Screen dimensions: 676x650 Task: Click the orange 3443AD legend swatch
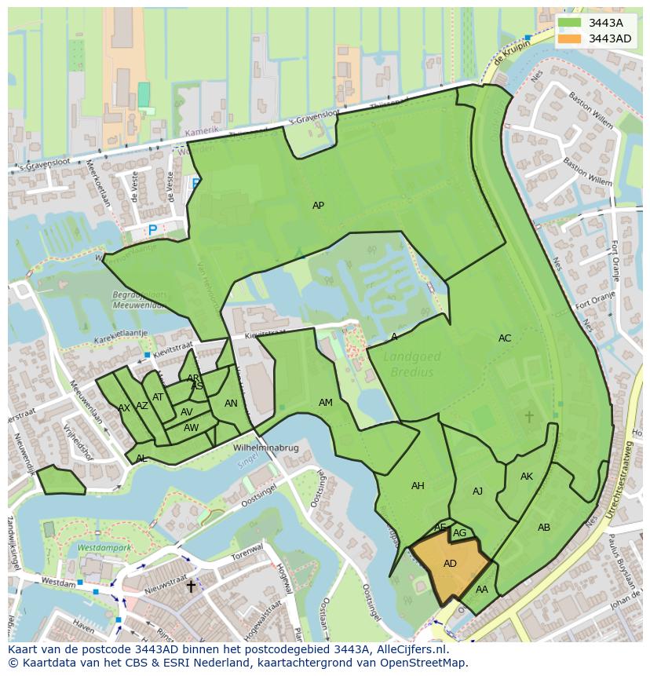pyautogui.click(x=570, y=38)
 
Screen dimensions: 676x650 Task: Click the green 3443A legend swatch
pyautogui.click(x=570, y=23)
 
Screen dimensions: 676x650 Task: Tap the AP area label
pyautogui.click(x=318, y=206)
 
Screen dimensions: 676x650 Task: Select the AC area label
pyautogui.click(x=505, y=338)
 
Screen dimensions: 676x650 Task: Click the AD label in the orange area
pyautogui.click(x=450, y=564)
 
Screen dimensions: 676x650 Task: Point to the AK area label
pyautogui.click(x=527, y=477)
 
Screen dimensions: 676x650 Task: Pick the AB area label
pyautogui.click(x=544, y=528)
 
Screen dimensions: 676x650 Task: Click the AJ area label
pyautogui.click(x=478, y=491)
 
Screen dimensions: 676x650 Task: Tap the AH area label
pyautogui.click(x=418, y=486)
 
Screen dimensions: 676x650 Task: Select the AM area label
pyautogui.click(x=326, y=403)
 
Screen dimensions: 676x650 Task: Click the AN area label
pyautogui.click(x=231, y=404)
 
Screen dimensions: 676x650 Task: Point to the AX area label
pyautogui.click(x=124, y=408)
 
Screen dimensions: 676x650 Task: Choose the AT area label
pyautogui.click(x=158, y=397)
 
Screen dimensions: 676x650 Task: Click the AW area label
pyautogui.click(x=191, y=428)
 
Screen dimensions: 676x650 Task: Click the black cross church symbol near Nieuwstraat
pyautogui.click(x=190, y=586)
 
